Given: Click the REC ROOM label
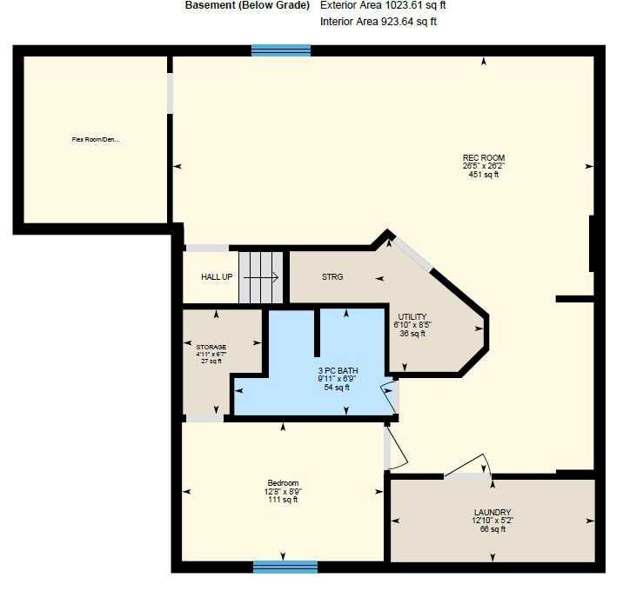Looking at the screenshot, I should [484, 158].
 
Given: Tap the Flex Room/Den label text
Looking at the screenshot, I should [95, 138].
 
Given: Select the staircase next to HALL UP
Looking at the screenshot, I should [262, 278].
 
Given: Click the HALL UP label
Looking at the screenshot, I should [217, 277].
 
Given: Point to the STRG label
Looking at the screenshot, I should [332, 277].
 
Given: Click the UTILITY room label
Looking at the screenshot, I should [412, 316].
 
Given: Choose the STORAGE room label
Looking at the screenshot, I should [211, 347].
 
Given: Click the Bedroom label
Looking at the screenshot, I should [283, 483].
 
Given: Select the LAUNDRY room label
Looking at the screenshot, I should [492, 512].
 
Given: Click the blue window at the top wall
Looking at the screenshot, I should [281, 50].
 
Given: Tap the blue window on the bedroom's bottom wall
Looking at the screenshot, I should [285, 567].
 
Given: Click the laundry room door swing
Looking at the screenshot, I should [471, 466].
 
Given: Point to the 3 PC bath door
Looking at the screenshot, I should [390, 396].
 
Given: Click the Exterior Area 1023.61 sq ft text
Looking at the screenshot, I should [384, 5].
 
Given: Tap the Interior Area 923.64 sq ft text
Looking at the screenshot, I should [378, 22].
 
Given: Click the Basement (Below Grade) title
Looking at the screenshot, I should [247, 5].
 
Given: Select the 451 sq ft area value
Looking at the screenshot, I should [484, 175].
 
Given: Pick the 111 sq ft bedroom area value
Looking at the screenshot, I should [283, 500].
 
